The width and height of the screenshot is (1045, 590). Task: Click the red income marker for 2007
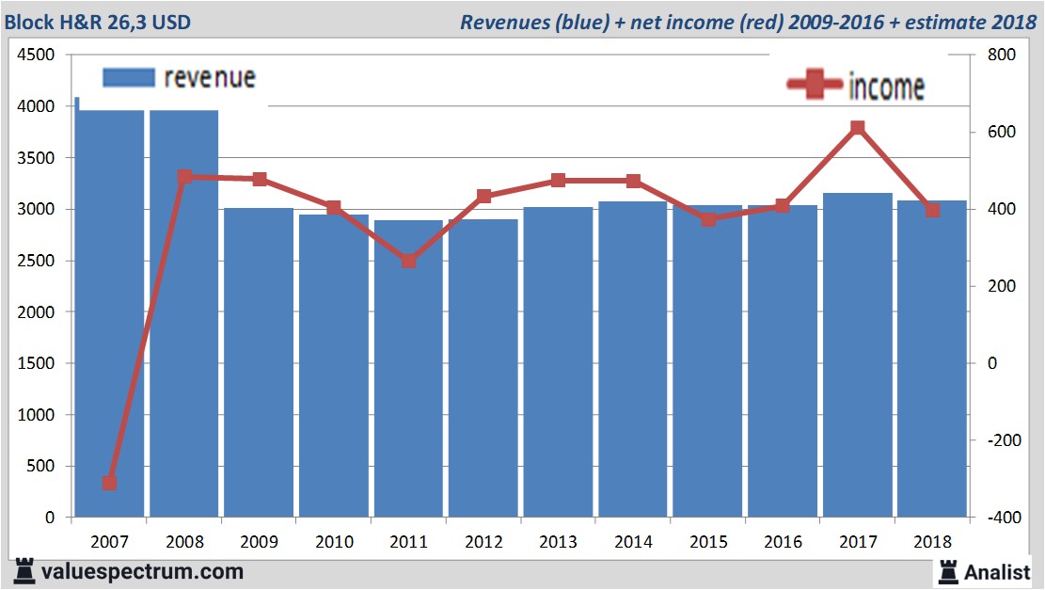(109, 483)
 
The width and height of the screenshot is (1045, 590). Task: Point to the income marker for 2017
(857, 128)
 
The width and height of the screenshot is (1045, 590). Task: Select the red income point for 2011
(408, 261)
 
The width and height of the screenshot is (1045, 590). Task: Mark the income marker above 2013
(558, 181)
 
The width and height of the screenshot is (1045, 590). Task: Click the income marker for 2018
(932, 210)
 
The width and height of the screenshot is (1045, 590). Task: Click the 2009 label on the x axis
(259, 542)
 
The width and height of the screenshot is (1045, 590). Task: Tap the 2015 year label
(707, 542)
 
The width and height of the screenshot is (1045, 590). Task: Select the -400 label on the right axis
(999, 518)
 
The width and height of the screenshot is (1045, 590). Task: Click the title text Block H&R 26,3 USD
(98, 21)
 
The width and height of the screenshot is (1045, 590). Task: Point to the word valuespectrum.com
(142, 571)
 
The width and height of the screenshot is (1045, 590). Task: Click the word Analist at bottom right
(997, 572)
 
